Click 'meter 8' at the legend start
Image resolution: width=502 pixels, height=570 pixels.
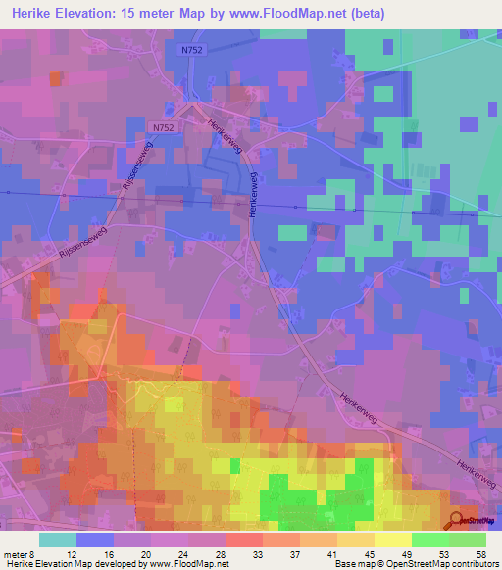pyautogui.click(x=19, y=554)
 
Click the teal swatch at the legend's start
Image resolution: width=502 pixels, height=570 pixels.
pyautogui.click(x=57, y=540)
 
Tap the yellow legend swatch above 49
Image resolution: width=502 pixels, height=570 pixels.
pyautogui.click(x=393, y=540)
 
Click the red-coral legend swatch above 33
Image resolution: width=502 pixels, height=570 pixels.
pyautogui.click(x=243, y=540)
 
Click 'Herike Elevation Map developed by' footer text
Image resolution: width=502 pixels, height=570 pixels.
pyautogui.click(x=75, y=565)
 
